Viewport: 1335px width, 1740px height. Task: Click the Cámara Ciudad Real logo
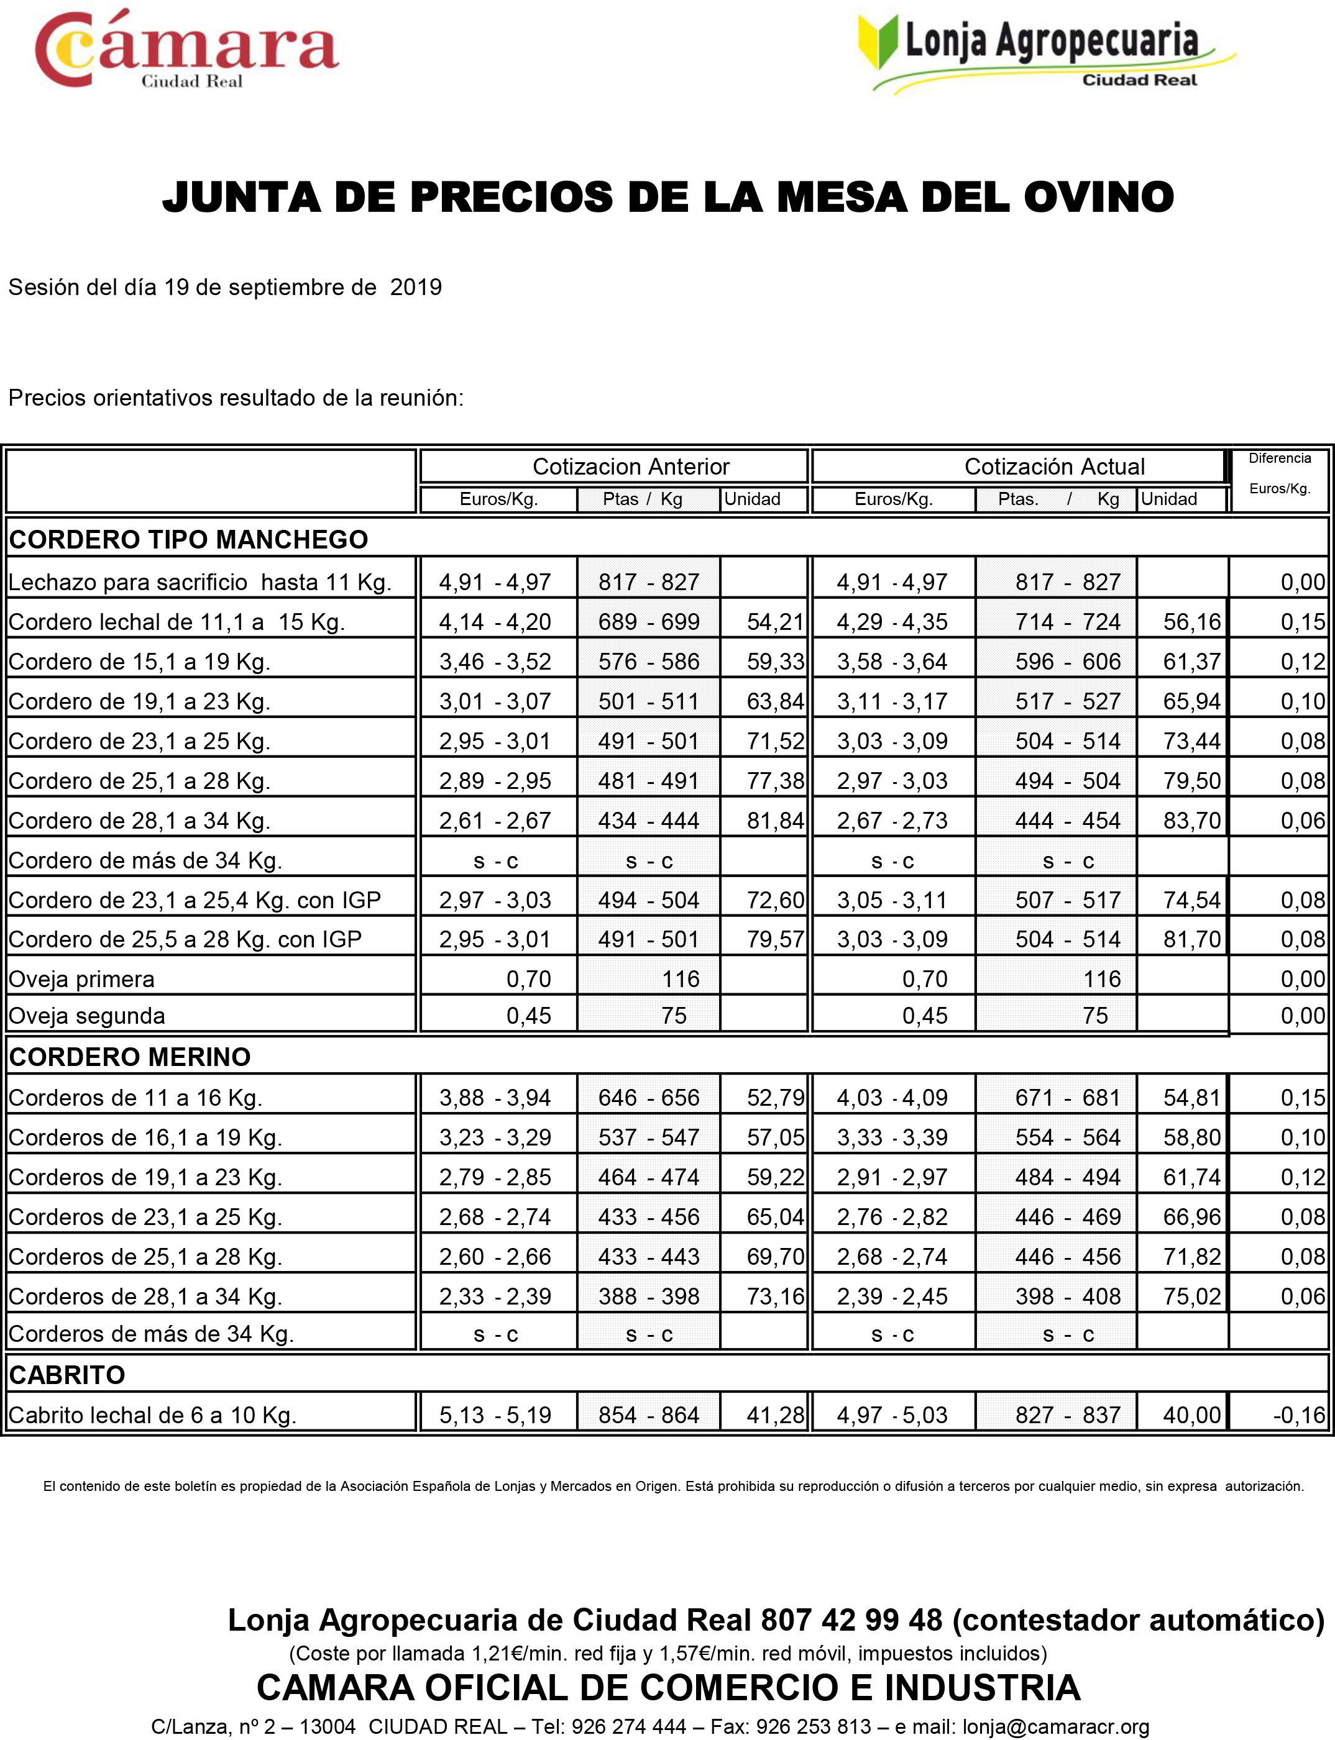pos(186,49)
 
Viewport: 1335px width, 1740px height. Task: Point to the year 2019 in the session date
pos(416,287)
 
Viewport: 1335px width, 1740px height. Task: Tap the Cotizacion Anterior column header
pos(630,466)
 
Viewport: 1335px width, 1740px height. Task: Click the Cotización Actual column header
pos(1055,466)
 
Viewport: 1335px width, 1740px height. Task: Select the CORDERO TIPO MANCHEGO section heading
pos(188,540)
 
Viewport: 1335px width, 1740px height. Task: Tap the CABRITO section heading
pos(67,1375)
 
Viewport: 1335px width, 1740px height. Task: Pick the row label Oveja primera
pos(81,979)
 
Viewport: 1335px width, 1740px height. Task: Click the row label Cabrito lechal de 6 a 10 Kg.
pos(152,1415)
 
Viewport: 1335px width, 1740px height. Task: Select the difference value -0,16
pos(1298,1415)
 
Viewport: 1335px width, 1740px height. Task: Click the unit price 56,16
pos(1191,622)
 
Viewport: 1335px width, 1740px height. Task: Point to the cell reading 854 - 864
pos(648,1415)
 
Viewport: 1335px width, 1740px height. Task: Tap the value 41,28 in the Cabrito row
pos(775,1415)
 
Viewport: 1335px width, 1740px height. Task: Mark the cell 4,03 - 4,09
pos(892,1098)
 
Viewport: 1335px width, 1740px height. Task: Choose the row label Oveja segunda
pos(86,1016)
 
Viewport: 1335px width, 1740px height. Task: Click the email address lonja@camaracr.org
pos(1055,1726)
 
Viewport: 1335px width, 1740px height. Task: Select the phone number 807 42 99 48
pos(851,1619)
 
